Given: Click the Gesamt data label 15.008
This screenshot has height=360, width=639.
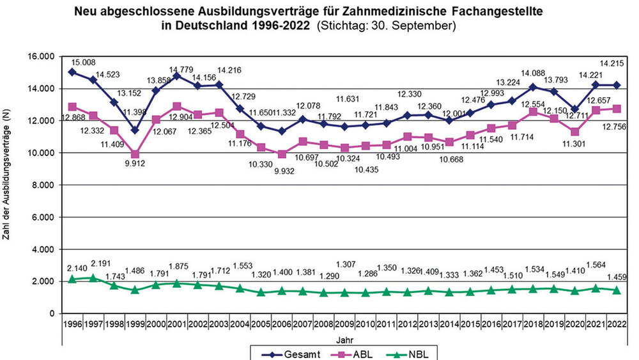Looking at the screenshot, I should [84, 62].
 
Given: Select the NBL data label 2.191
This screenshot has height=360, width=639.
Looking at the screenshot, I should [102, 263].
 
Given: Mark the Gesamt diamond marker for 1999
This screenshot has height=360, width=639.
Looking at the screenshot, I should [135, 130].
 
